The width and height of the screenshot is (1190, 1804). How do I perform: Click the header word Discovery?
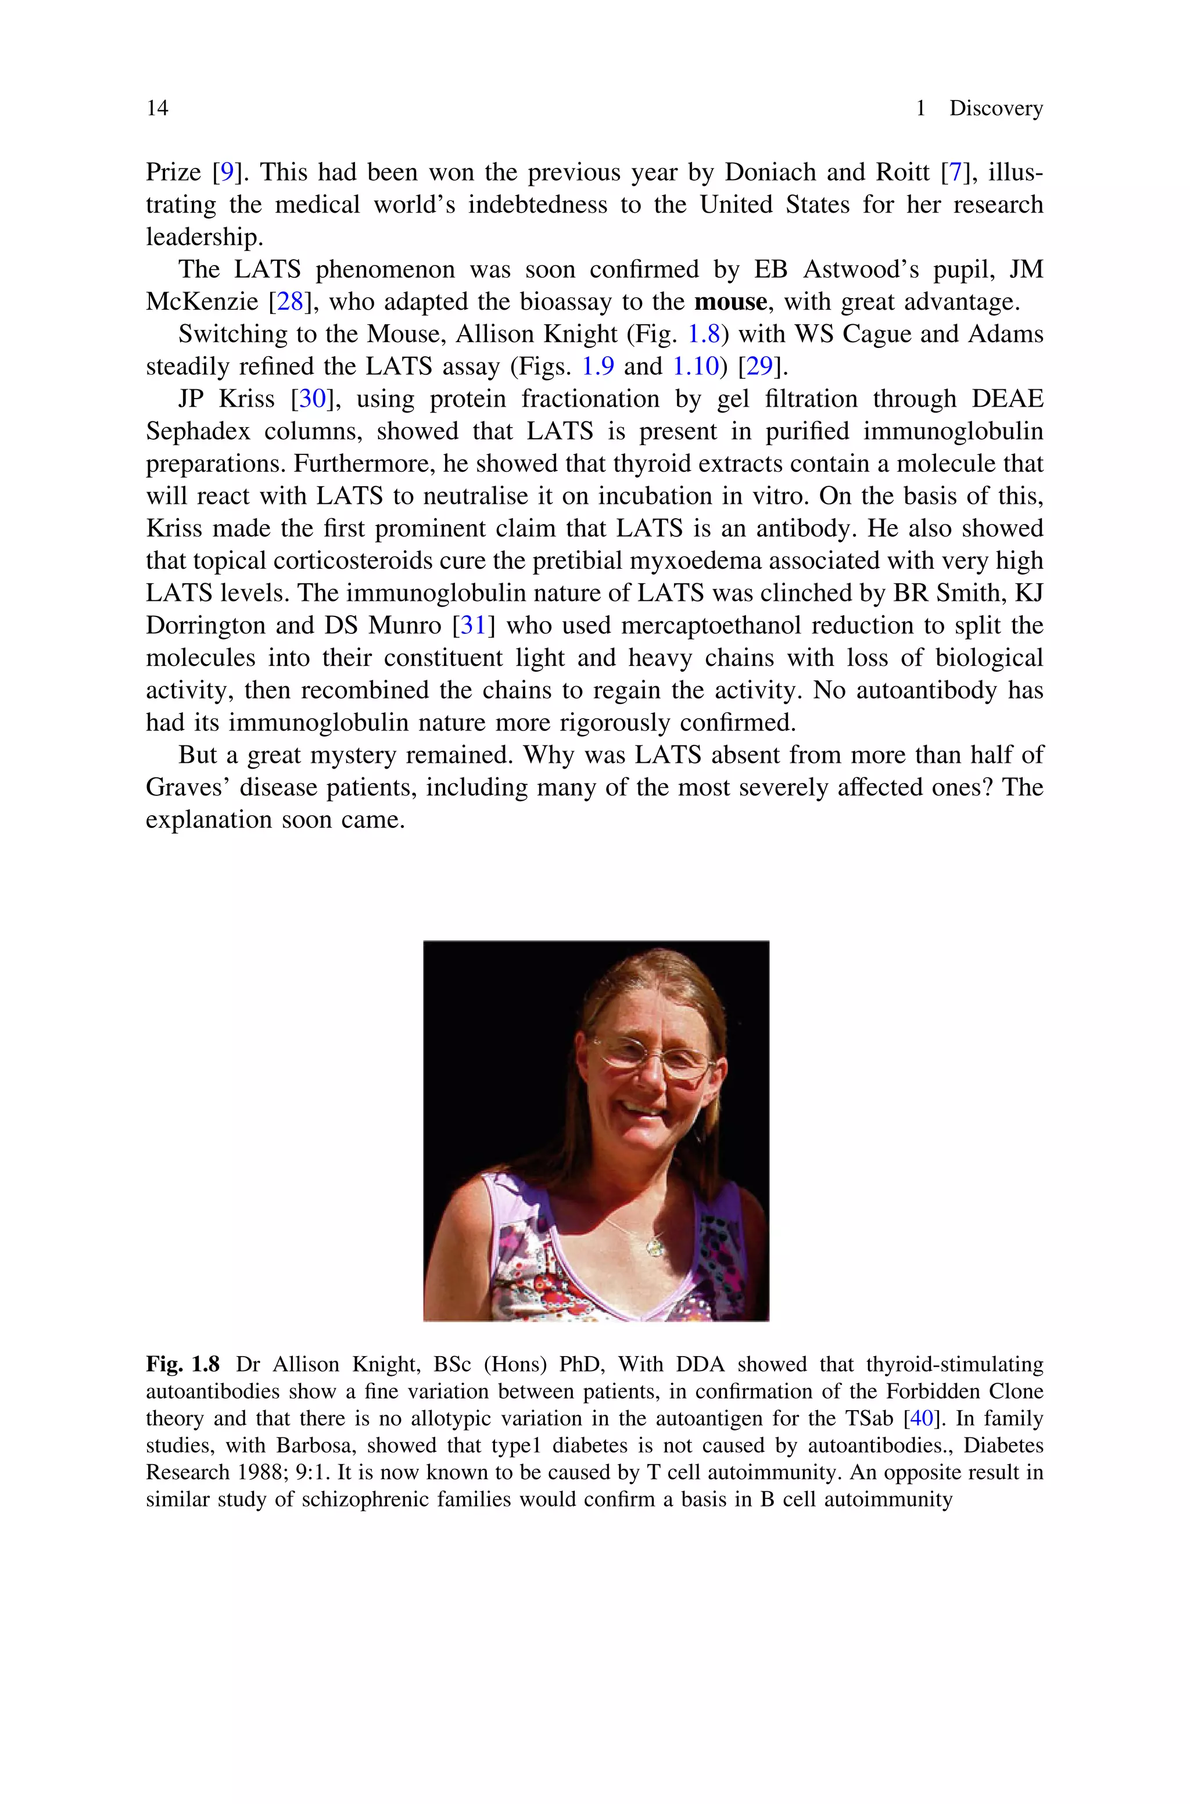pos(996,109)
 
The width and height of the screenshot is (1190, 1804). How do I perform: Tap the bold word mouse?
pos(731,302)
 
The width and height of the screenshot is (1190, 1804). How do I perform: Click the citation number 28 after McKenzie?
pos(289,302)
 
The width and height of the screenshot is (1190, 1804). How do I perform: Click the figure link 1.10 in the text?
pos(695,367)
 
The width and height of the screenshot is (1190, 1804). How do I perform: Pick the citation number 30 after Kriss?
pos(311,399)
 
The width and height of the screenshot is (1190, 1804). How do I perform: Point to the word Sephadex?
pos(198,432)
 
